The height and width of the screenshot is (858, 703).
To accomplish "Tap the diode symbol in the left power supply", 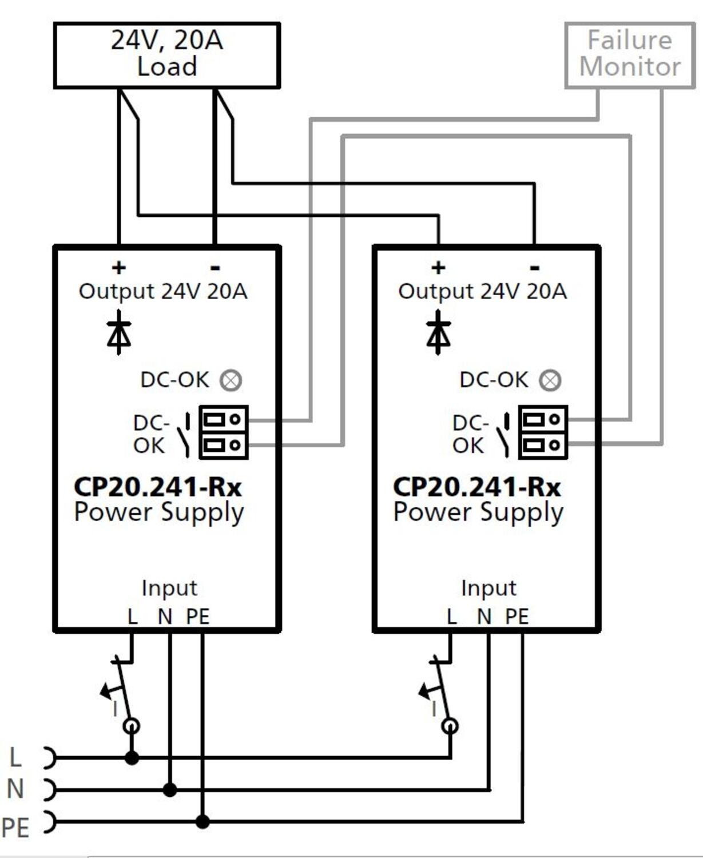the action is [x=119, y=332].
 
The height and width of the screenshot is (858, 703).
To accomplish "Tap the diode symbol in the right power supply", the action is [x=438, y=332].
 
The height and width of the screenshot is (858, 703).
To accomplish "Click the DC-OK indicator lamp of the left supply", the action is [x=231, y=380].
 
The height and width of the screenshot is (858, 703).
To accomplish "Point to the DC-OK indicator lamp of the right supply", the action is [x=550, y=380].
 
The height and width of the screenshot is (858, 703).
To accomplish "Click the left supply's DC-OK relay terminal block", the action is [x=223, y=432].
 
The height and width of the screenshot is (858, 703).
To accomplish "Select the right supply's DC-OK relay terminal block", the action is [x=543, y=432].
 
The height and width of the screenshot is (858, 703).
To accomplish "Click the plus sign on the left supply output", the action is [x=119, y=268].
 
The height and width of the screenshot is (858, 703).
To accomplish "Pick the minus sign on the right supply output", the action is [x=535, y=268].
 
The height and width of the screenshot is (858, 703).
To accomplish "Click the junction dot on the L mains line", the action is [x=132, y=757].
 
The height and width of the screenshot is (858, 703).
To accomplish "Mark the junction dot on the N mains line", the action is [x=170, y=790].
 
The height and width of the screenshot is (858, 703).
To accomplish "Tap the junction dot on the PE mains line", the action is [x=202, y=821].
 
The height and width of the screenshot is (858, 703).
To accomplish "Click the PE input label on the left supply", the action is [x=198, y=617].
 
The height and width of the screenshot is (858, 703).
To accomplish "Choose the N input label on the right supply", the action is [x=484, y=617].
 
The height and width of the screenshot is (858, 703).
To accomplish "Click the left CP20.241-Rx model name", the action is [x=158, y=487].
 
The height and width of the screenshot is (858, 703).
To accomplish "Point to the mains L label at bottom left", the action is [x=15, y=757].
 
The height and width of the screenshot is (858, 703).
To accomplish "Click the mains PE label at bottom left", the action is [x=15, y=828].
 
